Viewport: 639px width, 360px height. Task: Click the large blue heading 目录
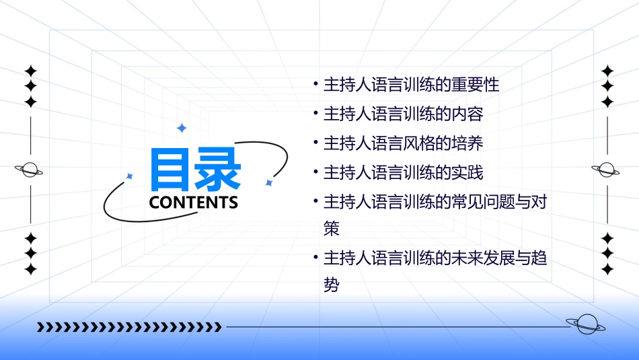point(195,169)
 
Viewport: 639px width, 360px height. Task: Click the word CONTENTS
point(194,203)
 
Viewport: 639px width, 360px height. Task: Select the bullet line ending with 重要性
point(412,85)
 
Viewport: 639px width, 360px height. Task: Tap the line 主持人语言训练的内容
point(404,114)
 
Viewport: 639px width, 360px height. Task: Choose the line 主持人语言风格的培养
point(404,143)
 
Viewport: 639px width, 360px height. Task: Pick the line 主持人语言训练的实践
point(404,172)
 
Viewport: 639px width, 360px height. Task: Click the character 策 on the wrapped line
point(332,228)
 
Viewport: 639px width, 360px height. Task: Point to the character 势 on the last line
point(332,285)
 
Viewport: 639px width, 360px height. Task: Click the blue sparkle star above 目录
point(181,128)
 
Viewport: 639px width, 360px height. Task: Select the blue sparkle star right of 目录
point(268,182)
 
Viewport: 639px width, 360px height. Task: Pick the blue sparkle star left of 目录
point(130,176)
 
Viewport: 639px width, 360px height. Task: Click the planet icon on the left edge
point(30,170)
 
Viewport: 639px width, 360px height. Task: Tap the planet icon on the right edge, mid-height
point(607,170)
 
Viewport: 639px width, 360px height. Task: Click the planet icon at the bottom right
point(585,324)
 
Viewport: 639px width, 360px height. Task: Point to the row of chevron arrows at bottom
point(129,327)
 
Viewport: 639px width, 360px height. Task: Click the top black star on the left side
point(30,71)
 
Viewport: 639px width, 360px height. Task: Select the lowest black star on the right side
point(607,269)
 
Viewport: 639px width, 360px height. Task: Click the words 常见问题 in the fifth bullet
point(474,201)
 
